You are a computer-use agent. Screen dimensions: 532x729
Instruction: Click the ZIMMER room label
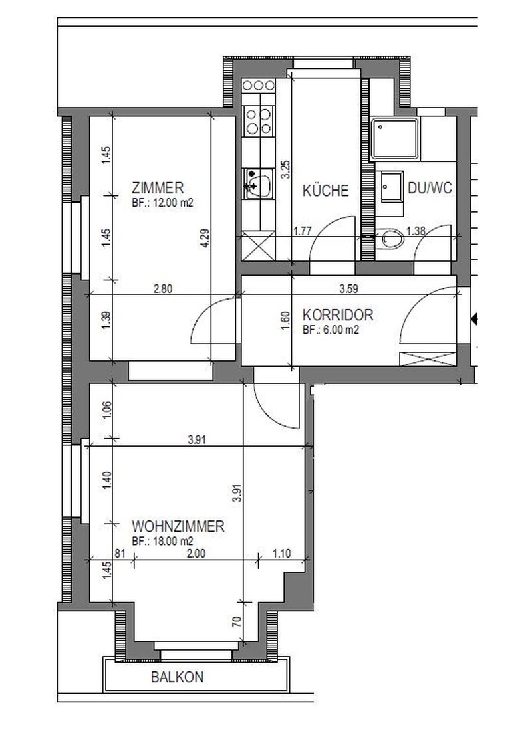158,188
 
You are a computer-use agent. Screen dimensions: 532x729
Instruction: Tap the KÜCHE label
325,191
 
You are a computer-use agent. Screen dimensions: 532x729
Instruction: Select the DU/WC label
430,188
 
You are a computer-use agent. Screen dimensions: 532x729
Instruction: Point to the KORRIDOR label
338,315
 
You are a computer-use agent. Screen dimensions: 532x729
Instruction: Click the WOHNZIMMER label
178,526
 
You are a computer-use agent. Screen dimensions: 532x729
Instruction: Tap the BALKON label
178,677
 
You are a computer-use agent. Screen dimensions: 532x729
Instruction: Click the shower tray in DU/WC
395,138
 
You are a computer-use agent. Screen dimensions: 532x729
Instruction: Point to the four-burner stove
259,121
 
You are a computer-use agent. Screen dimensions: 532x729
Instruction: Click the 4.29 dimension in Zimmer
205,238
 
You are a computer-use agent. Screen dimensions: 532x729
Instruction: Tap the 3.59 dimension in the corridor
348,288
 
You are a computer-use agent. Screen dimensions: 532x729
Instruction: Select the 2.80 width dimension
163,288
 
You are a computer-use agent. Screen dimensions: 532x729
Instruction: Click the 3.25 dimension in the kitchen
286,169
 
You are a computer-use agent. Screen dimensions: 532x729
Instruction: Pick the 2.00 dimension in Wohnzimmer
196,554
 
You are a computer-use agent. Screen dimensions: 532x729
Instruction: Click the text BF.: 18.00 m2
162,541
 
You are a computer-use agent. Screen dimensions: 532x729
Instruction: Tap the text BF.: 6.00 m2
331,330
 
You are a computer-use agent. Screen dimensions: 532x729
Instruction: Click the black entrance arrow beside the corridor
474,320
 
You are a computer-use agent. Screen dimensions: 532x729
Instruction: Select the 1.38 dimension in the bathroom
416,231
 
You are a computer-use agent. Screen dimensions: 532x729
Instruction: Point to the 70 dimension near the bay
237,621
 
